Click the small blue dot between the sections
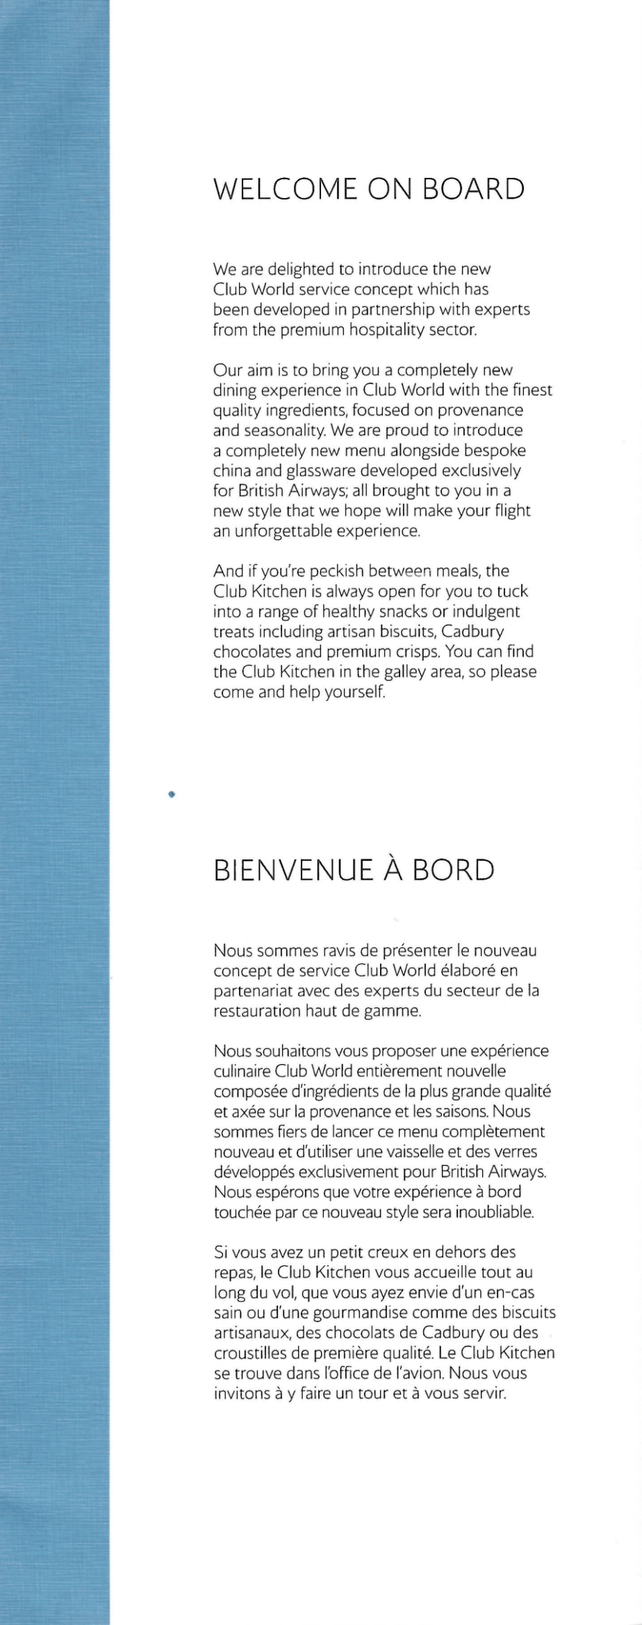[171, 792]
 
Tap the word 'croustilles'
[251, 1353]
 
